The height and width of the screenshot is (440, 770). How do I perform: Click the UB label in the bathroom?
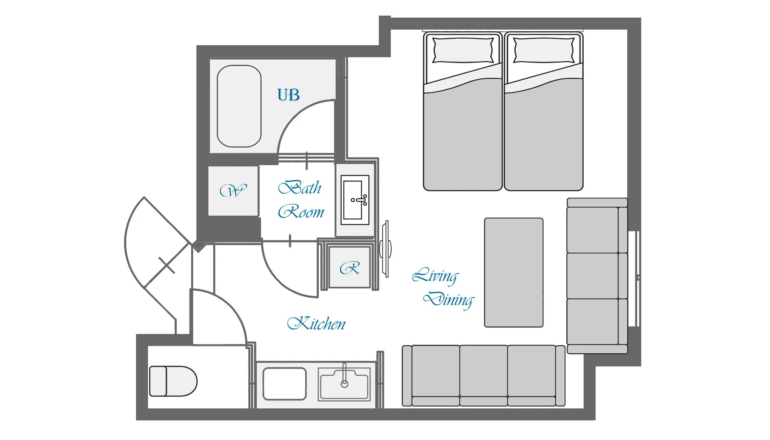(288, 95)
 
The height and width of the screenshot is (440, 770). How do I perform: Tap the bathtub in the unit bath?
(239, 106)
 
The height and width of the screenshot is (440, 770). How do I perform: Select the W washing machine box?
(233, 191)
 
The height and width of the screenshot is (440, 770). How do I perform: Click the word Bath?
(300, 188)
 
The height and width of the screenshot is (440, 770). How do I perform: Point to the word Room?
(301, 212)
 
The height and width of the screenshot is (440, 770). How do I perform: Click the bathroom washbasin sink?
(355, 200)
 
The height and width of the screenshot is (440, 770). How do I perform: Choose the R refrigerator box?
(350, 267)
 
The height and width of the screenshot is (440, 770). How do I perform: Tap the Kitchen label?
(316, 323)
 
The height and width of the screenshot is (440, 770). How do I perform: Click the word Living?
(435, 276)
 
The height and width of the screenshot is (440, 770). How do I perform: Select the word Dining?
(449, 300)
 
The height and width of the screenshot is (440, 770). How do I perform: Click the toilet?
(173, 381)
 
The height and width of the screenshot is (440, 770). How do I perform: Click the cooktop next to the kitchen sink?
(284, 384)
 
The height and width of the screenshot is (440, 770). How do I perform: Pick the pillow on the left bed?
(463, 50)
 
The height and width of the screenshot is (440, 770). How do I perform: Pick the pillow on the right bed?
(544, 50)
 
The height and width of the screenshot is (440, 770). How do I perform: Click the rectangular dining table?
(514, 272)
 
